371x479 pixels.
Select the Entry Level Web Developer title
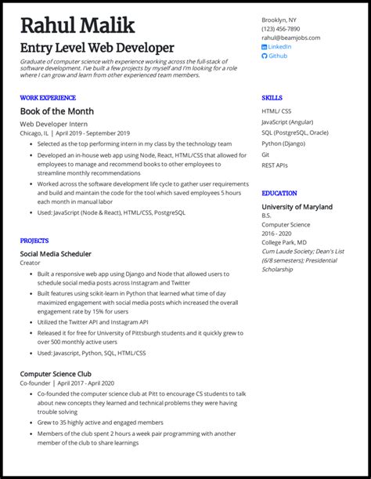coord(97,48)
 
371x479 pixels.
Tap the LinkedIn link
coord(279,46)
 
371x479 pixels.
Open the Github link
coord(277,56)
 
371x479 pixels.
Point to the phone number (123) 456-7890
coord(279,28)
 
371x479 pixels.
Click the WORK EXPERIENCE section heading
coord(49,97)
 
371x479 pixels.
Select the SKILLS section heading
coord(272,97)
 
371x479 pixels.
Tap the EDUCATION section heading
coord(279,193)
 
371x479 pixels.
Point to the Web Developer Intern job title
coord(54,124)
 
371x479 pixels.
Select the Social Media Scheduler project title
coord(56,254)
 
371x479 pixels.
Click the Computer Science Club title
coord(56,374)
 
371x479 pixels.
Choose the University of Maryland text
coord(297,207)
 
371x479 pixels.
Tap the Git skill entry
coord(266,154)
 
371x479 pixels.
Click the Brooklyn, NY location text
coord(279,19)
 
